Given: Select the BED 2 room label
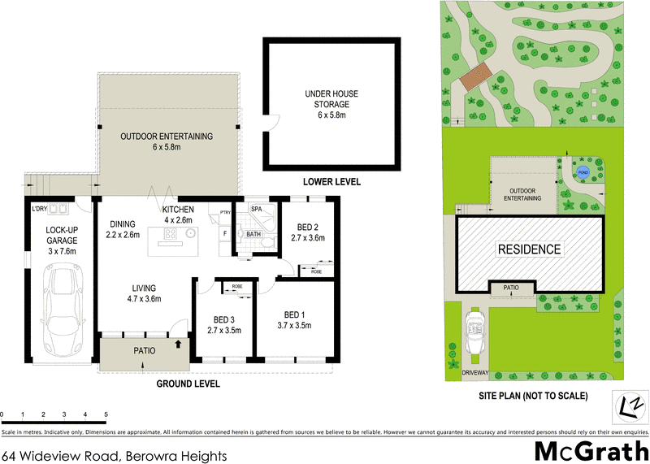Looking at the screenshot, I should coord(307,232).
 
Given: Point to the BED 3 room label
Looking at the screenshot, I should coord(225,325).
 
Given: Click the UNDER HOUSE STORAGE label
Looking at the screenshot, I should coord(331,104).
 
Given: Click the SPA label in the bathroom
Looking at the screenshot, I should coord(257,209).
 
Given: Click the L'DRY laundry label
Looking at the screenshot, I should coord(40,209).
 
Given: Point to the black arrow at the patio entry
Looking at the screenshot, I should coord(178,344).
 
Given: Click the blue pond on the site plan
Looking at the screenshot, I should coord(583,171).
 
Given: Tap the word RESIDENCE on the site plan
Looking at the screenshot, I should coord(529,249).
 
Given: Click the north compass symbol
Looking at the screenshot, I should coord(630,405).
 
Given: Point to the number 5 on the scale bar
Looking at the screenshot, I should coord(106,414).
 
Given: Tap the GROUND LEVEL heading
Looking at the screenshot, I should coord(188,384).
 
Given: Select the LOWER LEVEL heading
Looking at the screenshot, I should coord(331,181).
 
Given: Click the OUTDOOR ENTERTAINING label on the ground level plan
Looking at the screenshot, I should coord(166,141).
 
